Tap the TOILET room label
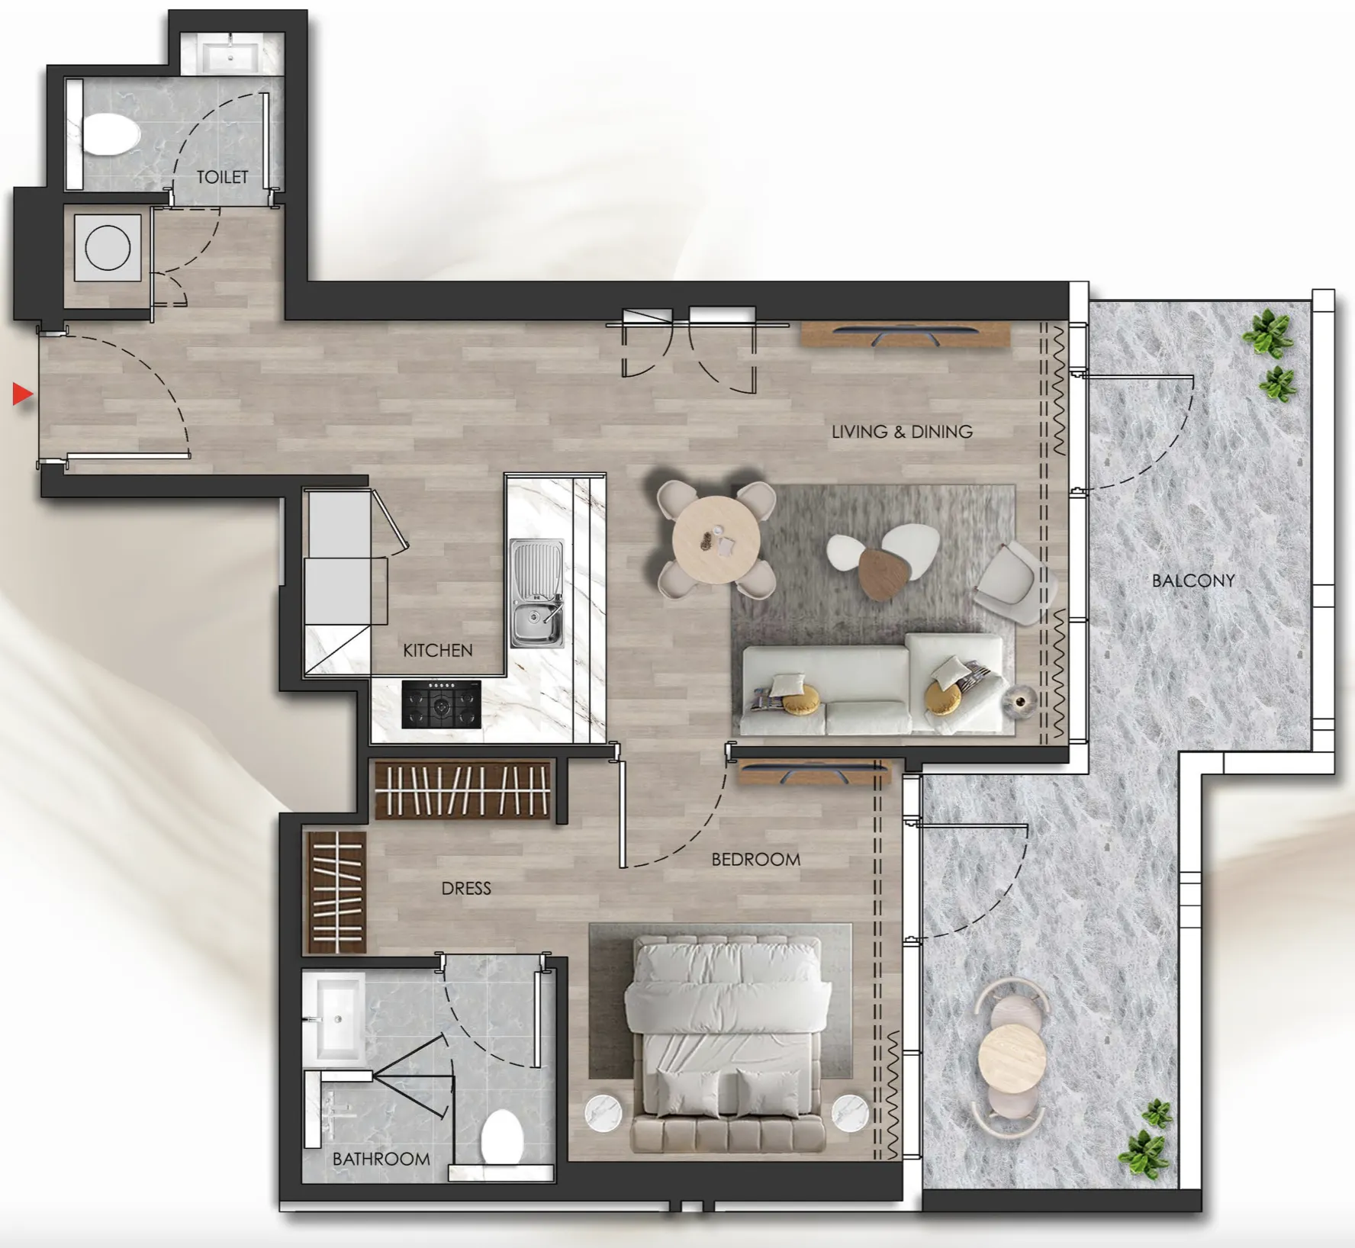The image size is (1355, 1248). point(222,177)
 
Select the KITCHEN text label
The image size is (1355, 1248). point(437,651)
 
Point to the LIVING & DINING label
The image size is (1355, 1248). point(902,432)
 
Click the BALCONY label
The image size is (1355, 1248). point(1192,581)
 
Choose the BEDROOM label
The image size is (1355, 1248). point(755,860)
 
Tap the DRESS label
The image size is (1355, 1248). point(465,889)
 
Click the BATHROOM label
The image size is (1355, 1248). point(381,1160)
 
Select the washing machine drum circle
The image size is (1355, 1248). point(108,248)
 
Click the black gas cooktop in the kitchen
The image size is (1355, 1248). point(441,705)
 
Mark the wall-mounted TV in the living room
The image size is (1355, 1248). point(905,334)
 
